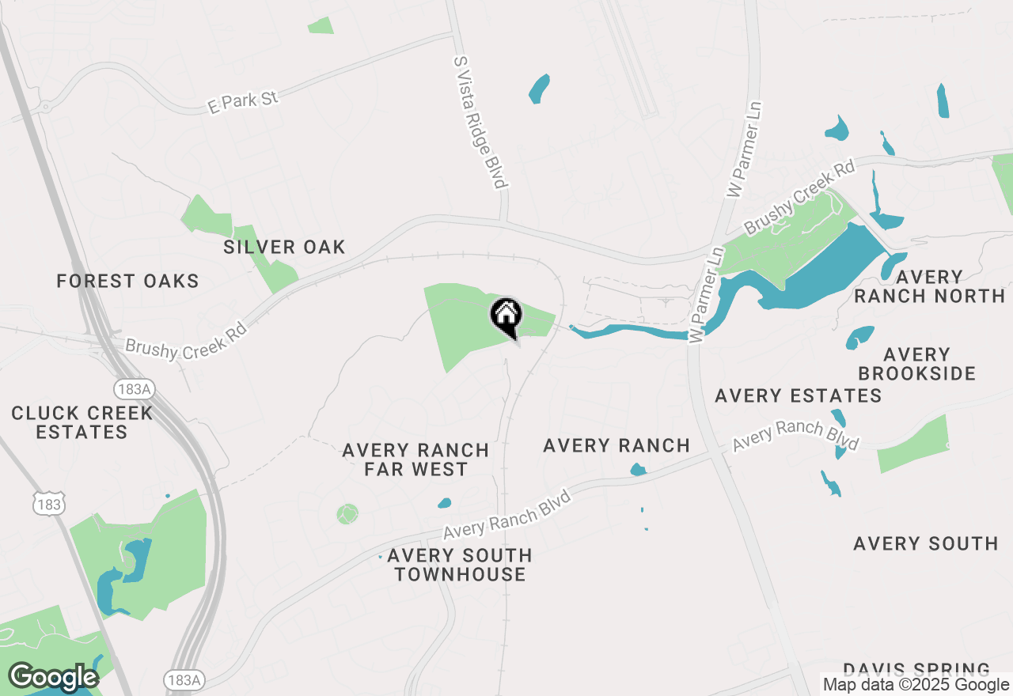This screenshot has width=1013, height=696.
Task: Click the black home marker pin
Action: point(506,316)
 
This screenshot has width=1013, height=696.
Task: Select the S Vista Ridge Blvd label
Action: point(480,122)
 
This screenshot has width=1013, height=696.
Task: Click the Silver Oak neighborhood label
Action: point(284,247)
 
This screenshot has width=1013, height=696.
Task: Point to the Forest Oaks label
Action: point(127,281)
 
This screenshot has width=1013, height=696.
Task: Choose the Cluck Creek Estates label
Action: point(82,422)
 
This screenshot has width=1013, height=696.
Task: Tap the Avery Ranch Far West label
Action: point(415,460)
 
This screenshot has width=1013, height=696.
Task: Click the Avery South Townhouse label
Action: point(460,565)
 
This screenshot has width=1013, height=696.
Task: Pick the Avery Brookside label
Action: point(916,364)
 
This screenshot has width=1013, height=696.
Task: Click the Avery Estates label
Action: point(798,395)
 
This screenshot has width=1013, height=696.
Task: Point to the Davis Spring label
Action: point(916,670)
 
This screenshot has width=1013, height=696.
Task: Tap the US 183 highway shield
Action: point(49,503)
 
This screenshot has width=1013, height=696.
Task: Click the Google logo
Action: point(53,678)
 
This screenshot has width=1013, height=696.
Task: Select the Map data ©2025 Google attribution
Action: point(916,685)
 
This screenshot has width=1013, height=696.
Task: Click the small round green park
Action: point(347,514)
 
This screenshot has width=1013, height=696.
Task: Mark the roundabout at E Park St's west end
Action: point(45,106)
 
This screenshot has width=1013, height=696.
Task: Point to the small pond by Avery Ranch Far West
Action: point(444,502)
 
